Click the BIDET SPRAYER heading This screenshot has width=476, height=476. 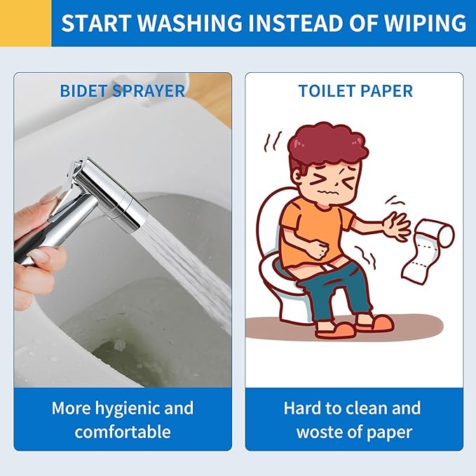(x=123, y=90)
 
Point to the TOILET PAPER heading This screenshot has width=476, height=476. (x=355, y=90)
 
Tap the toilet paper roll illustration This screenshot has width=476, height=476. (x=428, y=247)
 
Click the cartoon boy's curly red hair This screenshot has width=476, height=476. (x=328, y=146)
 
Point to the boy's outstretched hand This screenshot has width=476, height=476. (x=396, y=226)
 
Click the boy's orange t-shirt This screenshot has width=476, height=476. (x=313, y=231)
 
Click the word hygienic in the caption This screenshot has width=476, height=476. (x=129, y=409)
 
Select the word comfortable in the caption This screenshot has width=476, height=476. (x=123, y=432)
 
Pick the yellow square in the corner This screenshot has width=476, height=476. (x=25, y=23)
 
